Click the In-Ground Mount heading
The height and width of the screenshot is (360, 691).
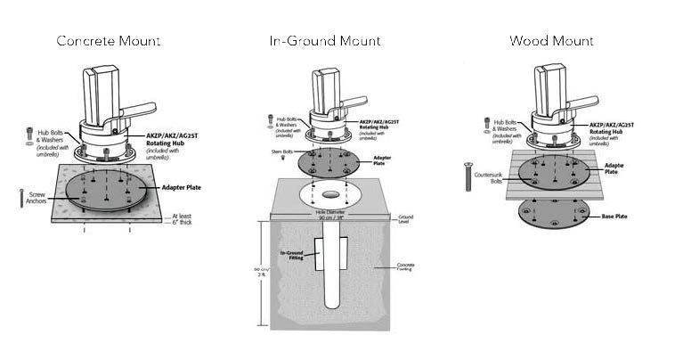coord(325,41)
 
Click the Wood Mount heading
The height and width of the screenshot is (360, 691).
coord(551,41)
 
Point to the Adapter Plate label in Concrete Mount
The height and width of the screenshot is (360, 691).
coord(186,189)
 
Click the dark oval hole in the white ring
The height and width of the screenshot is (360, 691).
coord(330,192)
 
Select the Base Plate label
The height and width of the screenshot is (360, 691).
coord(618,217)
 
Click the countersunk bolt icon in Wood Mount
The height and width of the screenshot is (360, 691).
coord(465,178)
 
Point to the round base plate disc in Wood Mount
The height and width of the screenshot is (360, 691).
coord(554,214)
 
